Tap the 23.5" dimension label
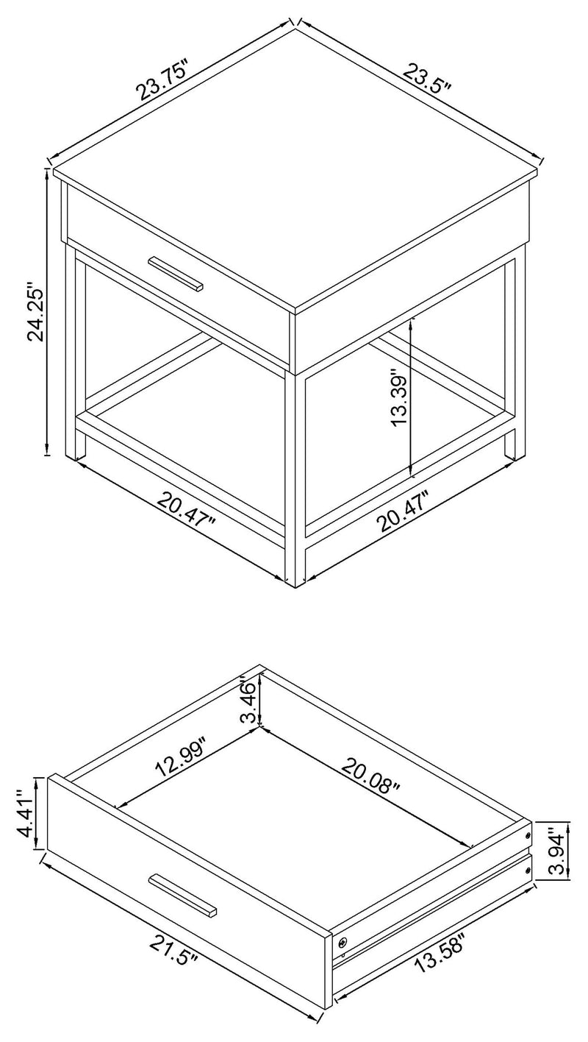427,77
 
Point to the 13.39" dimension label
398,397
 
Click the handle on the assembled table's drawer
176,273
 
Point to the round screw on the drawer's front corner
343,942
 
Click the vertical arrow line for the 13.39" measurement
412,397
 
